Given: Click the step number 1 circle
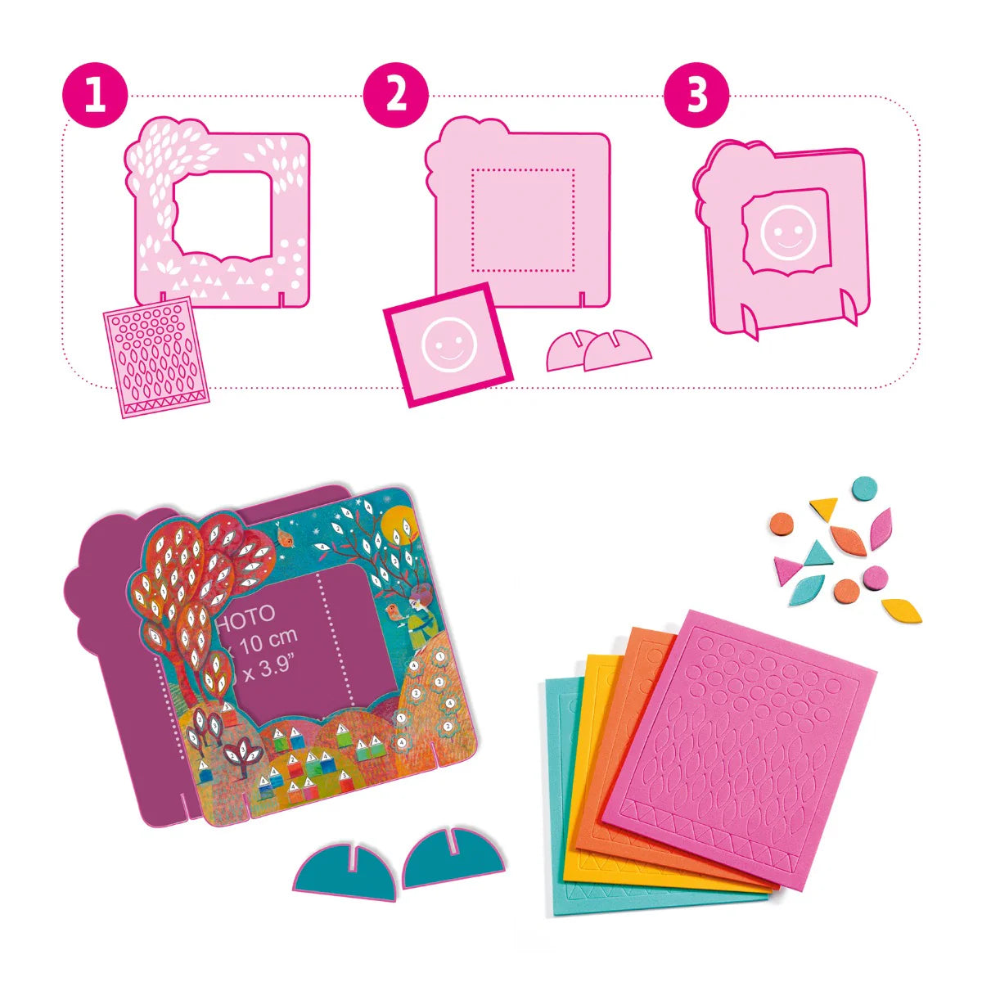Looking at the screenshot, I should tap(96, 97).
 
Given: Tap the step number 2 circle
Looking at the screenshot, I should tap(396, 97).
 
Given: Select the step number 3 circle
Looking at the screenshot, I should tap(696, 97).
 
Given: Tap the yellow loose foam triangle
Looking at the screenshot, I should tap(824, 507).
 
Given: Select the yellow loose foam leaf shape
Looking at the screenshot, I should tap(902, 610).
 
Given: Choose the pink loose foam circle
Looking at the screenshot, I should tap(875, 577).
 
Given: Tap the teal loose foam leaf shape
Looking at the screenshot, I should tap(807, 590).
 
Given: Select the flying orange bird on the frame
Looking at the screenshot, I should tap(285, 536).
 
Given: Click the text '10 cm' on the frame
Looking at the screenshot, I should tap(270, 637).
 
